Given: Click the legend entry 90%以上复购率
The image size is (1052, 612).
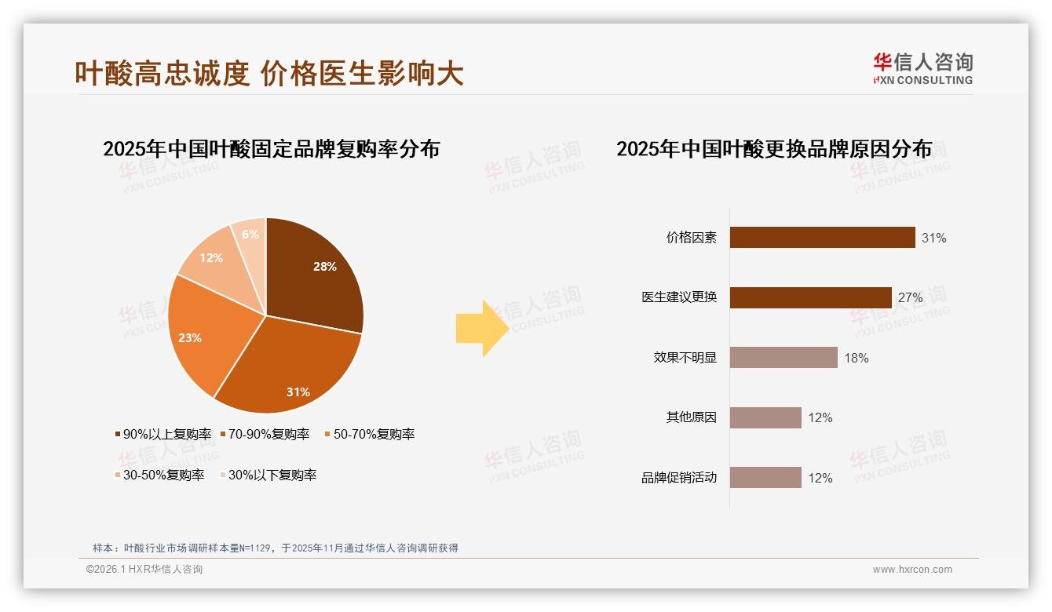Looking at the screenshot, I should tap(163, 434).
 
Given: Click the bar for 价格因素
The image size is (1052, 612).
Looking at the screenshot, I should tap(822, 237).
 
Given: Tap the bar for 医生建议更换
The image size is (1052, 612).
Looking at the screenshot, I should tap(810, 297).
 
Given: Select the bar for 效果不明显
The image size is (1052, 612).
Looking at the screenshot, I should tap(784, 358).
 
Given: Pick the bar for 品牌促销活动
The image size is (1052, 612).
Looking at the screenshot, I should tap(765, 477).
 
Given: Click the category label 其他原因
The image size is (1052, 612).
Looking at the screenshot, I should tap(691, 417).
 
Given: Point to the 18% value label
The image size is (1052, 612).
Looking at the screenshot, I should tap(856, 358).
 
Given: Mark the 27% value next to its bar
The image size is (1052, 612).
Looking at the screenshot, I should tap(910, 297).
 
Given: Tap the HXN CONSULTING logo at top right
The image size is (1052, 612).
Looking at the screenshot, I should tap(922, 69).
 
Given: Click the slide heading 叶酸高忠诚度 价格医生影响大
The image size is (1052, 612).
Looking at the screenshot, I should tap(268, 73).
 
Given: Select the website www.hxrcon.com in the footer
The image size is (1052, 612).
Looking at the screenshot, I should tap(912, 570).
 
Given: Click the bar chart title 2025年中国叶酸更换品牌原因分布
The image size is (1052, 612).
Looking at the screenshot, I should tap(773, 149).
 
